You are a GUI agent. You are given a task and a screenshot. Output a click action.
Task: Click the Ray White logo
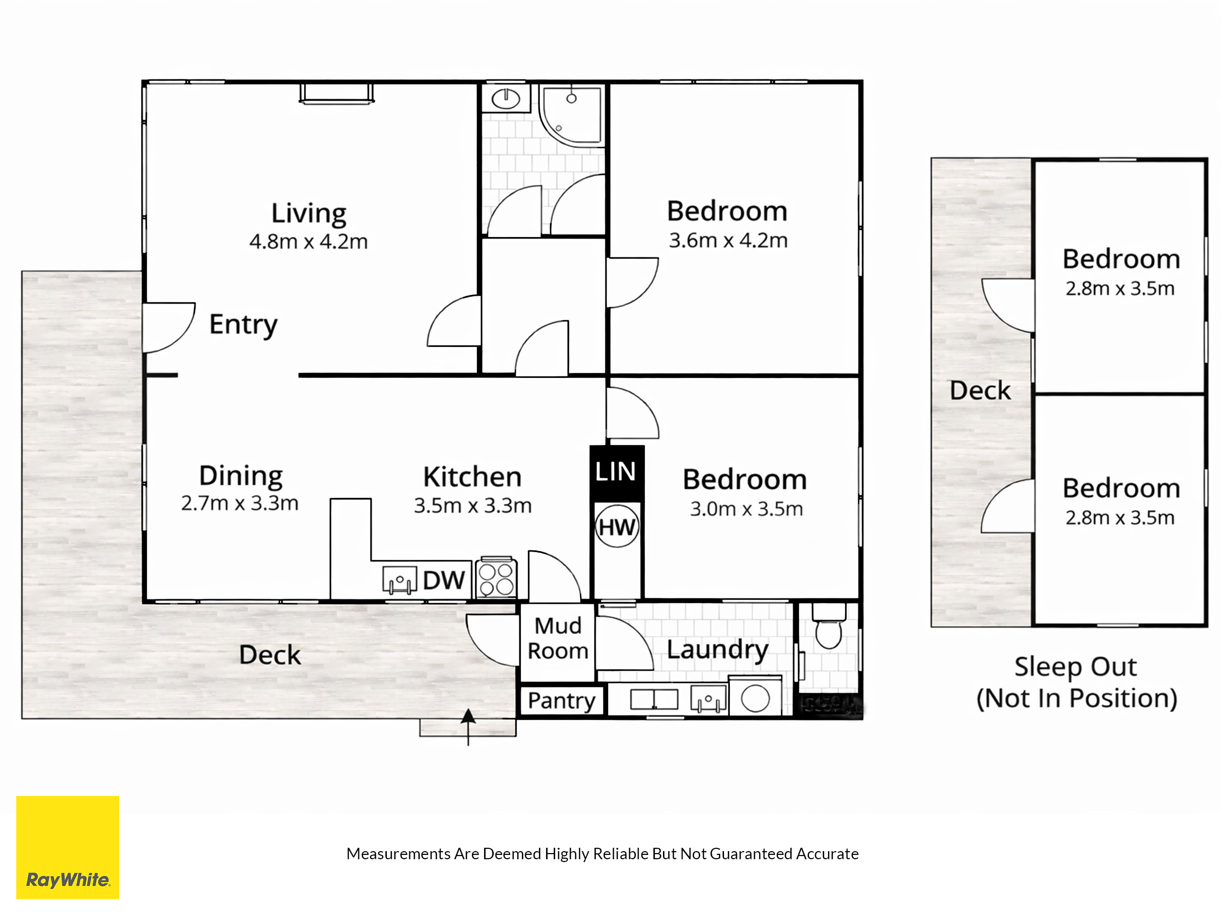point(67,847)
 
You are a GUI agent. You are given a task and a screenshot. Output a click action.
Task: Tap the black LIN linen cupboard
point(617,473)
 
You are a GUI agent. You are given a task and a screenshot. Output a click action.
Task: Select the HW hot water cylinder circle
point(617,526)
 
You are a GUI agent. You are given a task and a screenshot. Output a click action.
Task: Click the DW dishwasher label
point(444,580)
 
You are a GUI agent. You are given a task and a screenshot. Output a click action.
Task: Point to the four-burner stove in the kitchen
point(496,578)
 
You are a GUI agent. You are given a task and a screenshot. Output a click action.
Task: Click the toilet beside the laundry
point(828,626)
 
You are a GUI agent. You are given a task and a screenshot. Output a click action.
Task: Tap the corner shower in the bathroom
point(571,115)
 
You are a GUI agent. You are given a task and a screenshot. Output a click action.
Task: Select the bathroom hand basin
point(506,98)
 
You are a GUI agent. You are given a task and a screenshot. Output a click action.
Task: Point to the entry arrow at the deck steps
point(468,727)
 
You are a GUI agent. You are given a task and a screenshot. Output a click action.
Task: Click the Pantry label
point(561,701)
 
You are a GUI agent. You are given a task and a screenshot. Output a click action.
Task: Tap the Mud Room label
point(558,638)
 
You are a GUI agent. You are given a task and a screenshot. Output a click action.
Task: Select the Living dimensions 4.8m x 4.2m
point(309,241)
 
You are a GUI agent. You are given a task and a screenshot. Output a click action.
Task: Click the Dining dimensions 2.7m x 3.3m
point(239,503)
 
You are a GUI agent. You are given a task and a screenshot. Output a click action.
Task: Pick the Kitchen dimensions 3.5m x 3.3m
point(473,505)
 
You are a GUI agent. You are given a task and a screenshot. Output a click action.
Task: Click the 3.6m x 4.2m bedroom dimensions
point(728,240)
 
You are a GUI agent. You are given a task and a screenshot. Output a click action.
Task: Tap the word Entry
point(243,325)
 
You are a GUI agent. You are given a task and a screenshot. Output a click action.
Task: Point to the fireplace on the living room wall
point(336,94)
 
